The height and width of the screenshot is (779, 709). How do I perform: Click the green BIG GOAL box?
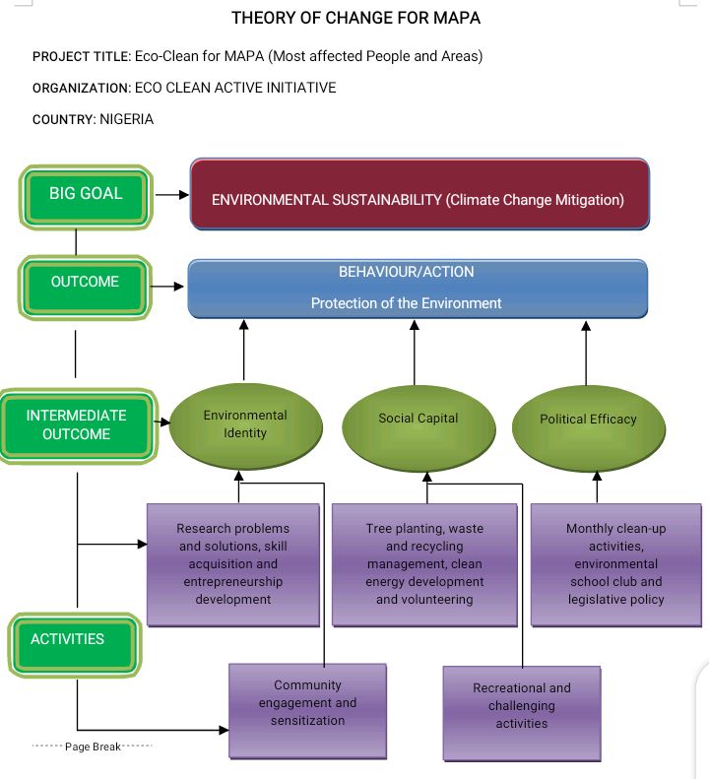pyautogui.click(x=86, y=194)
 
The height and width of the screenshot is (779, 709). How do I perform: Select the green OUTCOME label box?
pyautogui.click(x=85, y=283)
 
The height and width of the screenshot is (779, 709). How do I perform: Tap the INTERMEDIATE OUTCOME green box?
pyautogui.click(x=76, y=425)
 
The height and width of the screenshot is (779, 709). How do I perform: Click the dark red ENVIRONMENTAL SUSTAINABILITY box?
pyautogui.click(x=419, y=195)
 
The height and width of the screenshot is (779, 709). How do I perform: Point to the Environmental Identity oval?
pyautogui.click(x=244, y=424)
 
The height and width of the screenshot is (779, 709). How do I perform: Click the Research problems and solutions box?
pyautogui.click(x=233, y=564)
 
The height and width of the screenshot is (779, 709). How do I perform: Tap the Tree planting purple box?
pyautogui.click(x=424, y=564)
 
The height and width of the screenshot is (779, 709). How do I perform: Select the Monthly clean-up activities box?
pyautogui.click(x=615, y=564)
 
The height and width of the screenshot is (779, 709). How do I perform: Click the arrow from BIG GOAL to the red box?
pyautogui.click(x=171, y=195)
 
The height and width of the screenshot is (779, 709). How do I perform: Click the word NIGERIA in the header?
pyautogui.click(x=127, y=119)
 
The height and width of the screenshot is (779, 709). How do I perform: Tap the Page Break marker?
pyautogui.click(x=93, y=747)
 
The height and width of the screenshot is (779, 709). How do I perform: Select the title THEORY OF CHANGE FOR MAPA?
pyautogui.click(x=355, y=19)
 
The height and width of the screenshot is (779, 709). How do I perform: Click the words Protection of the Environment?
pyautogui.click(x=406, y=303)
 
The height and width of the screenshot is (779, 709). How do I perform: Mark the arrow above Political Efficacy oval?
pyautogui.click(x=586, y=352)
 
